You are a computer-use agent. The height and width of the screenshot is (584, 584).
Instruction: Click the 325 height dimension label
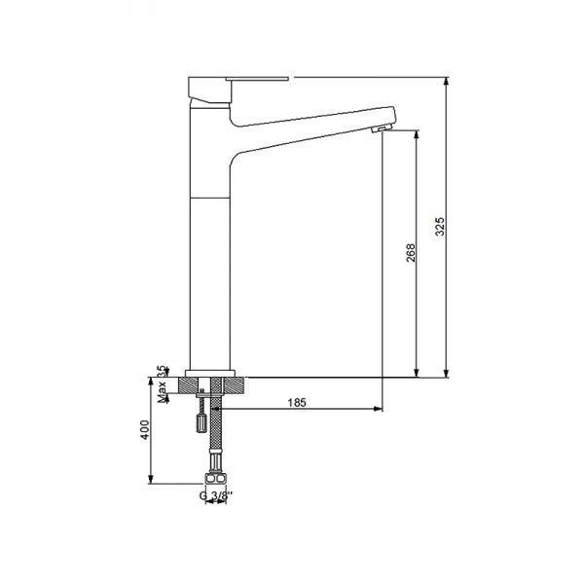pos(439,227)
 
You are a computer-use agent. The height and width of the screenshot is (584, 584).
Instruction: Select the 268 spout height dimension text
pos(410,253)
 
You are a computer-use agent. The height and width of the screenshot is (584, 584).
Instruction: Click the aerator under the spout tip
pos(381,128)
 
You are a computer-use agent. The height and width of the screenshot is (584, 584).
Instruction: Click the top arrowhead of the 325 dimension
pos(447,82)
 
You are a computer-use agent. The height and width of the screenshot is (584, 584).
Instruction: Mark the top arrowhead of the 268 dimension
pos(418,134)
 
